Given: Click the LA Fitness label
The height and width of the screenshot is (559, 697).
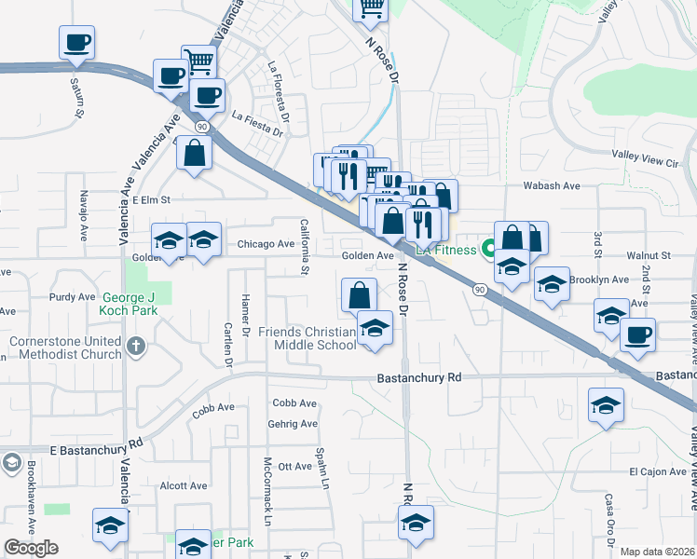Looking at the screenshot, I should (445, 250).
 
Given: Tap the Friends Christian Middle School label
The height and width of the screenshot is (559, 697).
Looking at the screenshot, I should (307, 338).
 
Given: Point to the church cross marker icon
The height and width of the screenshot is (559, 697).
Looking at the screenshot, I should (136, 348).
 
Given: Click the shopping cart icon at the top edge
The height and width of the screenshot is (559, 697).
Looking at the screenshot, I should (370, 8).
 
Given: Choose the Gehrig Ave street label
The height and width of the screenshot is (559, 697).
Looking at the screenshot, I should (294, 424).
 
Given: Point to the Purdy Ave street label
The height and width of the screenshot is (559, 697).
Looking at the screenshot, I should (73, 297).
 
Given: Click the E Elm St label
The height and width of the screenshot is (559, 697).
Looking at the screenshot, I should (152, 199).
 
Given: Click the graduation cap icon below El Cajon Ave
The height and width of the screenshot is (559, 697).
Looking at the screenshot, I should (606, 406).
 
